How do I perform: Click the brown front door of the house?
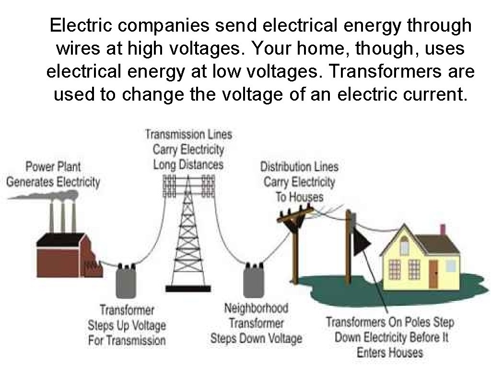[433, 273]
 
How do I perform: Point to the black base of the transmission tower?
[188, 288]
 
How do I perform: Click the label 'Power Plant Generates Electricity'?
[53, 174]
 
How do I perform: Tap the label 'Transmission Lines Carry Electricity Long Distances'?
[188, 149]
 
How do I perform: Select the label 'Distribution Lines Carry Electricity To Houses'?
[299, 182]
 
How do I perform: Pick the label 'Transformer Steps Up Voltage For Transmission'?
[127, 325]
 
